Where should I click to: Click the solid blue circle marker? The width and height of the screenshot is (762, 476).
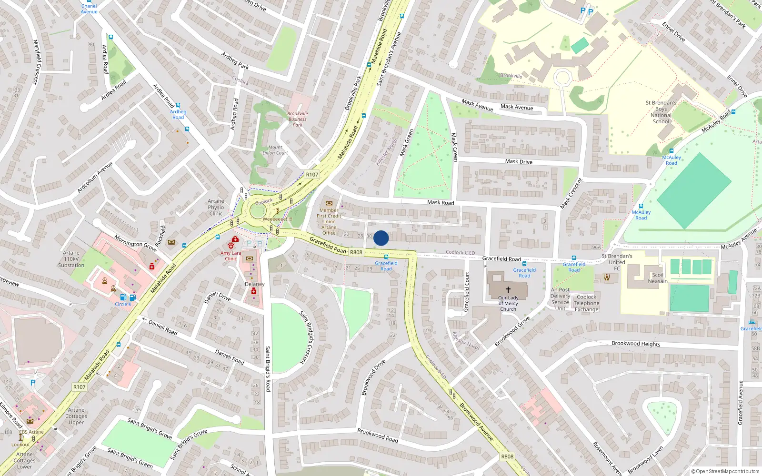pyautogui.click(x=381, y=238)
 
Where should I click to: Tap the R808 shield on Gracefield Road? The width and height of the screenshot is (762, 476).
pyautogui.click(x=356, y=252)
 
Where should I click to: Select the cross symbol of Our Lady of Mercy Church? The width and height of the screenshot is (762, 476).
pyautogui.click(x=508, y=289)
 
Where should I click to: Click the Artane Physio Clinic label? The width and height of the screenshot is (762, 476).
pyautogui.click(x=216, y=208)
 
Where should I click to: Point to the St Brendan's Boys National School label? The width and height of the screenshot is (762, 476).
pyautogui.click(x=661, y=112)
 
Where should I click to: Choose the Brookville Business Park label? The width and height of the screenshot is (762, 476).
pyautogui.click(x=298, y=119)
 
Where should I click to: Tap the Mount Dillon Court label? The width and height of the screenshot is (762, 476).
pyautogui.click(x=275, y=150)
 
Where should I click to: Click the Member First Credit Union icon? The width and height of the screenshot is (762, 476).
pyautogui.click(x=329, y=203)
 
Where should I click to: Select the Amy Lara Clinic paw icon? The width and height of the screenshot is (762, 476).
pyautogui.click(x=231, y=246)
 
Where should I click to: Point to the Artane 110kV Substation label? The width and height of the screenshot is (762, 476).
pyautogui.click(x=71, y=259)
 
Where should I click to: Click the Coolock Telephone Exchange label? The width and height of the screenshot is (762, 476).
pyautogui.click(x=586, y=303)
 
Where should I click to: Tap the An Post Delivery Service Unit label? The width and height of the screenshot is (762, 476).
pyautogui.click(x=560, y=299)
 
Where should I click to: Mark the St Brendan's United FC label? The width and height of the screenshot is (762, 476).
pyautogui.click(x=617, y=262)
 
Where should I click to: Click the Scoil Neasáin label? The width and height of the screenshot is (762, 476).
pyautogui.click(x=658, y=278)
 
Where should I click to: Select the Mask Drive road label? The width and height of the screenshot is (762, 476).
pyautogui.click(x=519, y=161)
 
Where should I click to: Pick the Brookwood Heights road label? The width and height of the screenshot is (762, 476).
pyautogui.click(x=636, y=344)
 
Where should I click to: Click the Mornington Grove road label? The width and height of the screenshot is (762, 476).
pyautogui.click(x=135, y=243)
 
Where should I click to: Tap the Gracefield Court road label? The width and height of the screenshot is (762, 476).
pyautogui.click(x=467, y=292)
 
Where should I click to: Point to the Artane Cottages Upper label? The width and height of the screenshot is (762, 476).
pyautogui.click(x=76, y=416)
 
